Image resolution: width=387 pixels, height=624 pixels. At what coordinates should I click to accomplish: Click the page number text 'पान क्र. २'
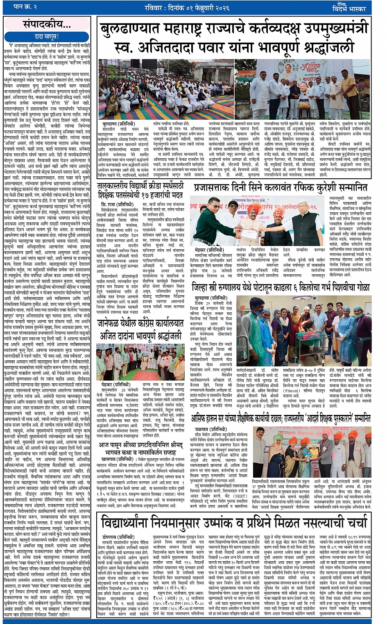[25, 7]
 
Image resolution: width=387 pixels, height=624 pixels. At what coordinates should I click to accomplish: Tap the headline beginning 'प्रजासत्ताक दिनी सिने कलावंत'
[281, 188]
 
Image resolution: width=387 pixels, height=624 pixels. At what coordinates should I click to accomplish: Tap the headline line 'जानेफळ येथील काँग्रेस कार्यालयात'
[140, 324]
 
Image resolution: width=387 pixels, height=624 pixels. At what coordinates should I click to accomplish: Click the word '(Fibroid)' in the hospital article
[292, 390]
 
